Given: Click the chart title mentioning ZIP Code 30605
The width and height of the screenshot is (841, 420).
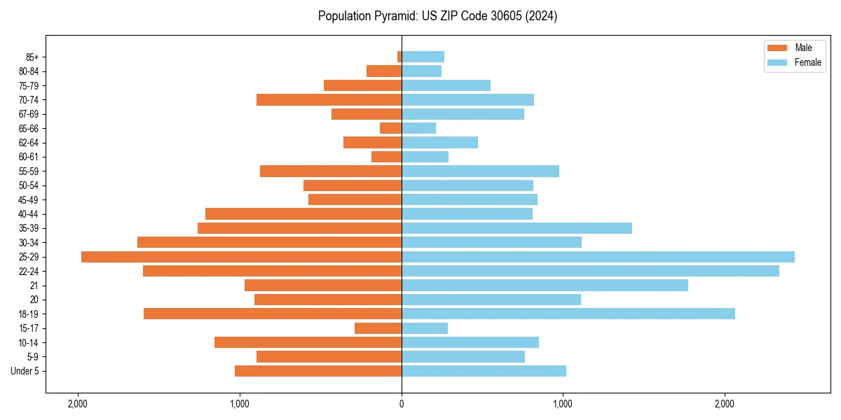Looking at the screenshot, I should [x=437, y=16].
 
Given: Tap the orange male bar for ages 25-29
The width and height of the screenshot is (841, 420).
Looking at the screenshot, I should [x=241, y=257].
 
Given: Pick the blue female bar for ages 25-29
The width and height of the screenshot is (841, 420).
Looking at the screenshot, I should [x=598, y=257].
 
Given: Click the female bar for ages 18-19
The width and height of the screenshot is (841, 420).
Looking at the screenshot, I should [x=568, y=314].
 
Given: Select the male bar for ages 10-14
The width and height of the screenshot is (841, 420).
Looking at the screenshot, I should [x=308, y=342].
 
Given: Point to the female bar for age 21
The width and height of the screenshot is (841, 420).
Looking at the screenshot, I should [x=545, y=286].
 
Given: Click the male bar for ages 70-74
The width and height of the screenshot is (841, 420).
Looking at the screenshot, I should [x=329, y=100].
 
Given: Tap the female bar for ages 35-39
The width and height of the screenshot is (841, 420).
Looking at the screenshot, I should [x=517, y=228].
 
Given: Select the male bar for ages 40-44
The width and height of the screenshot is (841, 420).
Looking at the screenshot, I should [x=303, y=214].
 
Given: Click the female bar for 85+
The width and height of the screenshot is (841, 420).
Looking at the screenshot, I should [x=423, y=57].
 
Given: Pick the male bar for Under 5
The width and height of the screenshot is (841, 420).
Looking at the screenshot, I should [x=318, y=371].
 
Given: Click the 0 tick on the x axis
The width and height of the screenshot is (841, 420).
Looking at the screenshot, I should [x=402, y=404].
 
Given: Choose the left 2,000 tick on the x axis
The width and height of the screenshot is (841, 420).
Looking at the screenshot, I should [x=78, y=404].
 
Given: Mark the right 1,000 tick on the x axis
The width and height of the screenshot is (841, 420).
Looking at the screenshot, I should [x=563, y=404].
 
